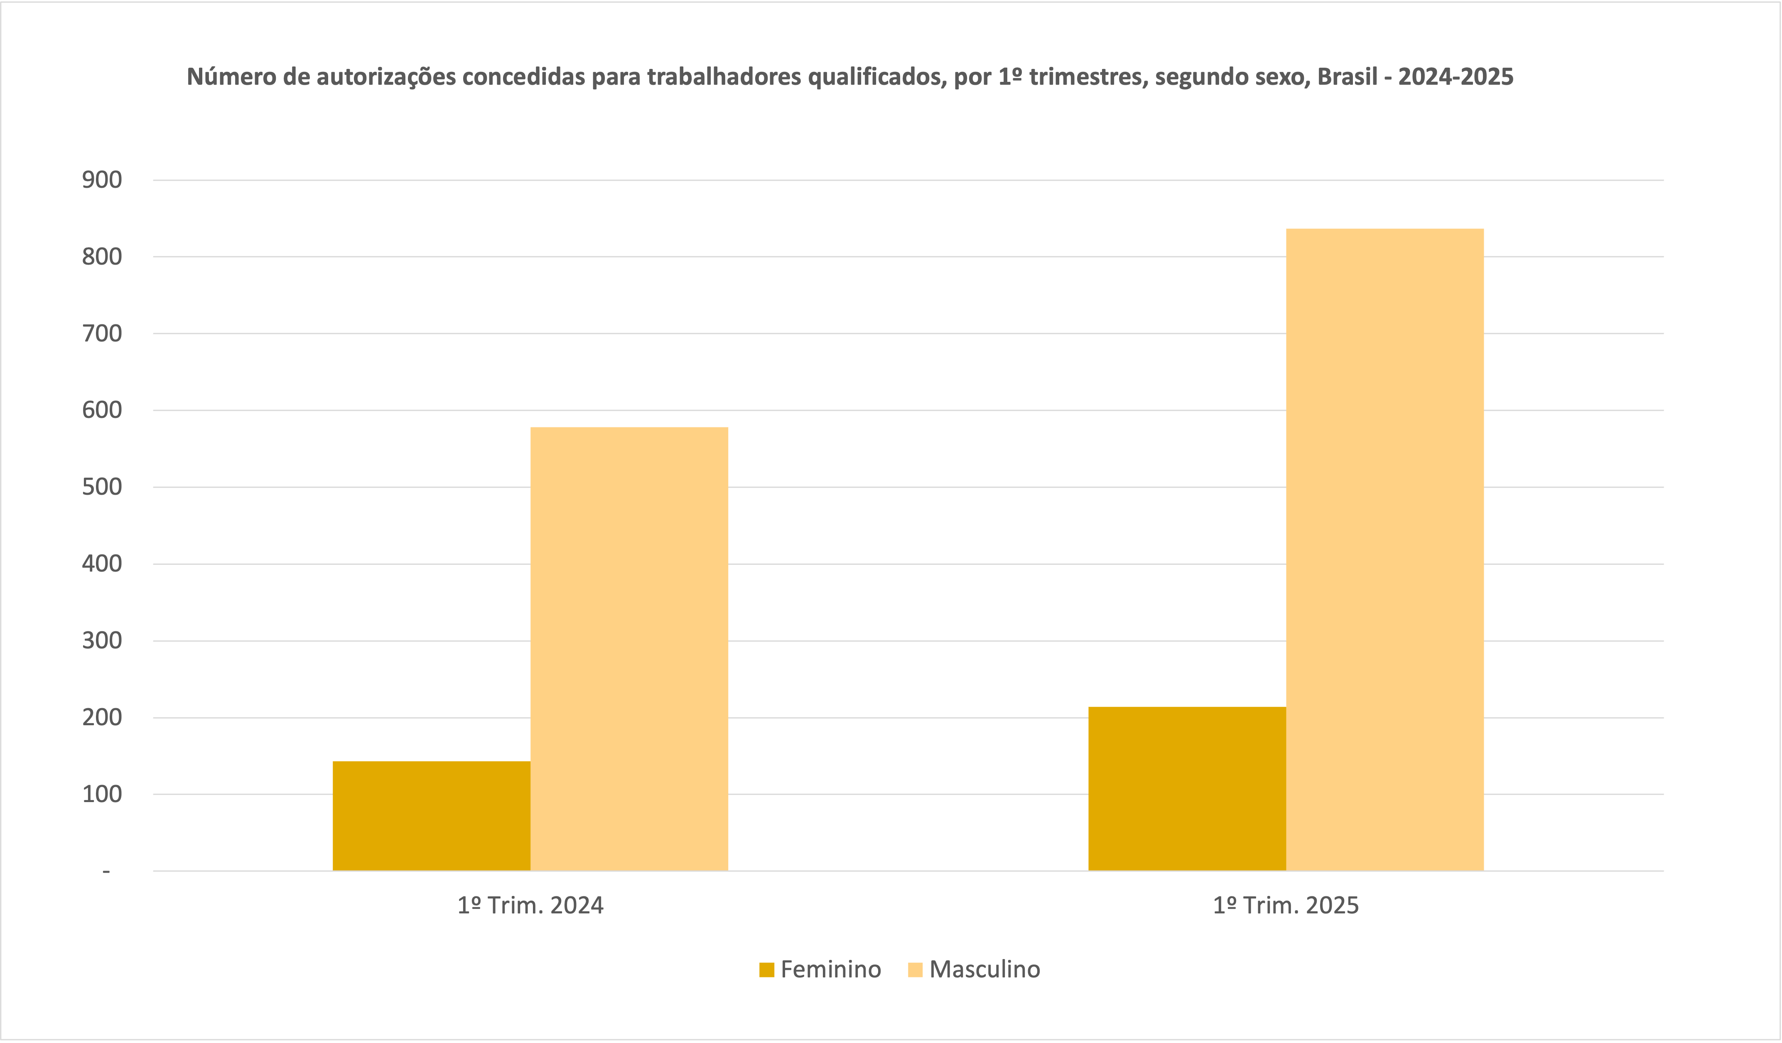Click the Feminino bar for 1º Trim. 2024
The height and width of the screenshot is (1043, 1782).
[431, 816]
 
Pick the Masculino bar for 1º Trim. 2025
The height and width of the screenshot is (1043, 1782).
[1384, 550]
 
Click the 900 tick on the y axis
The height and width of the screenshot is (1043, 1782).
[102, 180]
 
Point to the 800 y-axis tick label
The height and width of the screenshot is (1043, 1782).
[102, 257]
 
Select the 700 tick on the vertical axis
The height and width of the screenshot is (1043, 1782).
[102, 334]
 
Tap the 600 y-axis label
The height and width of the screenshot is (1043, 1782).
[102, 410]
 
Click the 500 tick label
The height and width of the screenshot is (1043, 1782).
[102, 487]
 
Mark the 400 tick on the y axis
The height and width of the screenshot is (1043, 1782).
[102, 564]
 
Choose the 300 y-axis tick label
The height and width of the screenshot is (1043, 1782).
[102, 641]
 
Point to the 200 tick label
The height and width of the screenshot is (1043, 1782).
[102, 717]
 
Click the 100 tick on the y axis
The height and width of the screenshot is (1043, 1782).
[102, 794]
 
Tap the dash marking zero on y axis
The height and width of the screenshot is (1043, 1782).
[106, 872]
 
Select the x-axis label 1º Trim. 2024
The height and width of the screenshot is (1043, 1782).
[530, 906]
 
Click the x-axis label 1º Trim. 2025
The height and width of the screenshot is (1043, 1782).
[1286, 906]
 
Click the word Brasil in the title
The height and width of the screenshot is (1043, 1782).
[1347, 76]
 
